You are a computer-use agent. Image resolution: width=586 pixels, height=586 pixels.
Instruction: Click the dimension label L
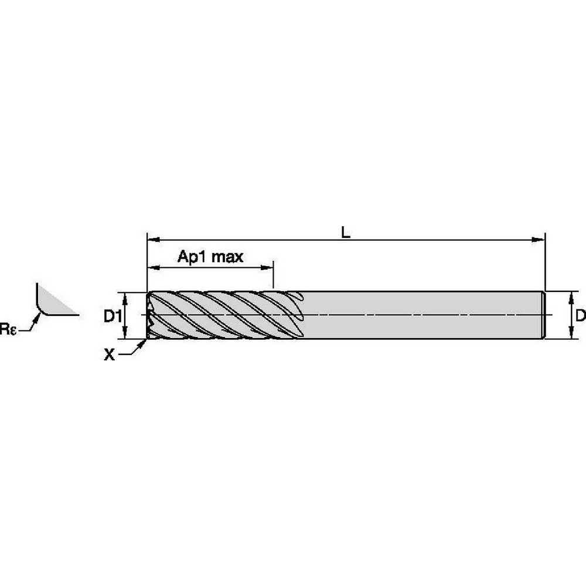tap(346, 233)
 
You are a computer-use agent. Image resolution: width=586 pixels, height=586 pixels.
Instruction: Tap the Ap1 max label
tap(210, 257)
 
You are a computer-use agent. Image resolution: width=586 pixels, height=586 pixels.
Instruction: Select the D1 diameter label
tap(113, 316)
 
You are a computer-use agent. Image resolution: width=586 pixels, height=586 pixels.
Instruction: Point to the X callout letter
tap(109, 355)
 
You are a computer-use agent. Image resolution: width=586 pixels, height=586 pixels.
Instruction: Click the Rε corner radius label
tap(8, 329)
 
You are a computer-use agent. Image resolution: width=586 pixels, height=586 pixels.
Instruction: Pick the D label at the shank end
tap(580, 316)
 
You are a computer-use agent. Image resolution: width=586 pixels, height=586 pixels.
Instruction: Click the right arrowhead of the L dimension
tap(538, 240)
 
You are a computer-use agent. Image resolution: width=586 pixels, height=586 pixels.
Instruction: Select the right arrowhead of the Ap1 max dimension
tap(267, 267)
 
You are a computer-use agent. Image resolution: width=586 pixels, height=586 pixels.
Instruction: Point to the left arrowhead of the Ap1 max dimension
tap(154, 267)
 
